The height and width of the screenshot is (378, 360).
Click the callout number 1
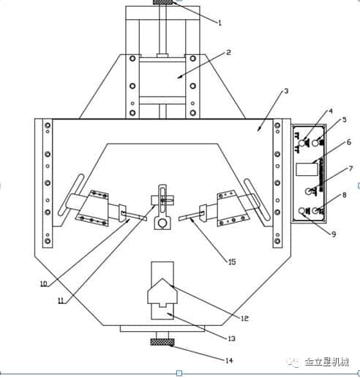(220, 23)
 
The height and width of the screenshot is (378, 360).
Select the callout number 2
(228, 52)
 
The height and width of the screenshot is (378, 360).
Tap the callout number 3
(285, 92)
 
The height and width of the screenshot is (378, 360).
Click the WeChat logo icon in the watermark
(293, 362)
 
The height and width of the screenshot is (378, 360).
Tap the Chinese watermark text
(332, 362)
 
